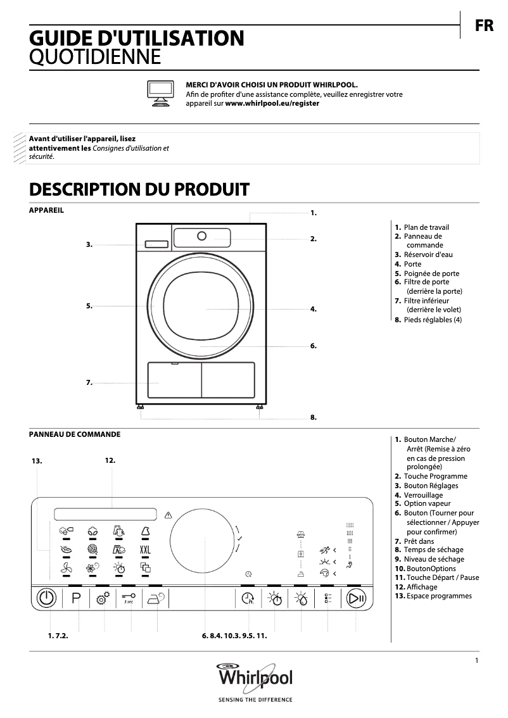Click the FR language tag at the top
[484, 27]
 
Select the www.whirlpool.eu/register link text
[272, 103]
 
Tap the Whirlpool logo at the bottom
[255, 679]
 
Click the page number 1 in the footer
[476, 662]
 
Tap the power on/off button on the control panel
[48, 598]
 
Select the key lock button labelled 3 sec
[129, 599]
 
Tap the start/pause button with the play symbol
[357, 598]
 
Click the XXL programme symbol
[145, 549]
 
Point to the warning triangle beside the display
[168, 514]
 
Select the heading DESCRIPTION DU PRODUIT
[139, 189]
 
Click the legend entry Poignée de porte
[431, 274]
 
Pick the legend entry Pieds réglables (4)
[432, 320]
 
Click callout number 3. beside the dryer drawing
[89, 244]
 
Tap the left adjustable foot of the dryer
[139, 408]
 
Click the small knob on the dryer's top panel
[201, 236]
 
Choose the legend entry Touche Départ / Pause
[442, 577]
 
